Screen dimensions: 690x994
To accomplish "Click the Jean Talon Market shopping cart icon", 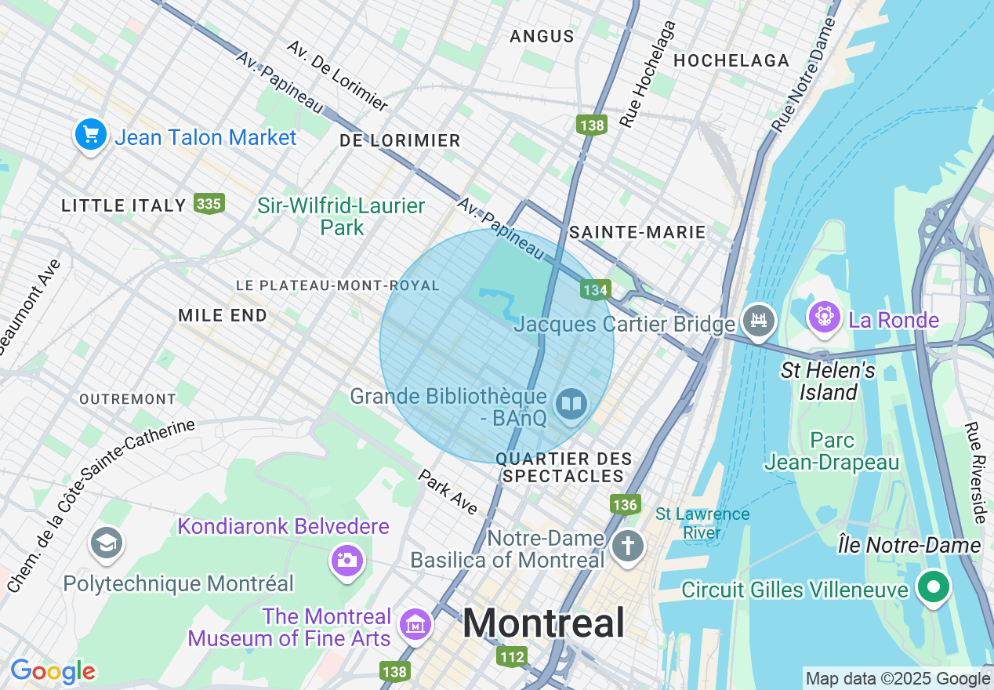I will [91, 136].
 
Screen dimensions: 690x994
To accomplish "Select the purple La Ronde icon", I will [825, 318].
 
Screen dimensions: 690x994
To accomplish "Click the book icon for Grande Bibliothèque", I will [571, 405].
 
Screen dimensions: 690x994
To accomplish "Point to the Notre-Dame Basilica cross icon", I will [627, 547].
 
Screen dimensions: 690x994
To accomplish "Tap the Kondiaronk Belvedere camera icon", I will [346, 561].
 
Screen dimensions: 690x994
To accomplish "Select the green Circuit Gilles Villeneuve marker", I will [933, 587].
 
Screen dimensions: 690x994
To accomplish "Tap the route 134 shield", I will [595, 290].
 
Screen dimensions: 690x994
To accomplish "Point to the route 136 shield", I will [625, 504].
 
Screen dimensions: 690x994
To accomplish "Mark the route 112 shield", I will [511, 655].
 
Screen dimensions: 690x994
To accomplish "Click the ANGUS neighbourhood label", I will [542, 36].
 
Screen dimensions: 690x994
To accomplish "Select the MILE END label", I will [223, 315].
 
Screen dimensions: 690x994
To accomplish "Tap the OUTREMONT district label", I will [128, 399].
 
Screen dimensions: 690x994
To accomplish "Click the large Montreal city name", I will [543, 623].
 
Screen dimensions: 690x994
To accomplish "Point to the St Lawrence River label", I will [702, 524].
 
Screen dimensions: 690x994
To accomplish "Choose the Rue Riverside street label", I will [976, 473].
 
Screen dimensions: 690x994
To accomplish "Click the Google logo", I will [53, 671].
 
